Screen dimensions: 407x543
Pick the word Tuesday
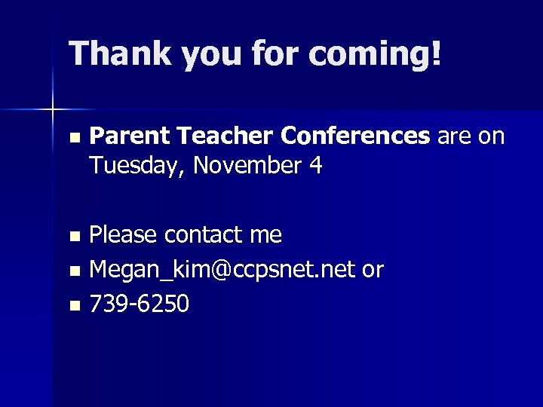[136, 165]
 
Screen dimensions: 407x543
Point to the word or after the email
[373, 270]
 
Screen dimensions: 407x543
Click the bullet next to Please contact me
[72, 237]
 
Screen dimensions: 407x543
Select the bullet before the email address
[72, 271]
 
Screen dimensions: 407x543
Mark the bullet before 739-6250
[72, 305]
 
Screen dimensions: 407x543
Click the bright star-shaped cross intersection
[53, 110]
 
